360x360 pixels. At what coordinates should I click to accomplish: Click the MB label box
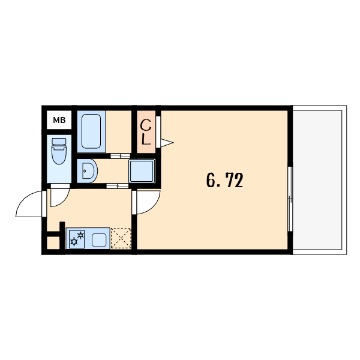coord(59,120)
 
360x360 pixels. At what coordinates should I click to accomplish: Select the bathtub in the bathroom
coord(91,131)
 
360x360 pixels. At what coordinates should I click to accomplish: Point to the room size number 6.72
coord(224,180)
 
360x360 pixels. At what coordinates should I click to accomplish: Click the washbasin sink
coord(88,171)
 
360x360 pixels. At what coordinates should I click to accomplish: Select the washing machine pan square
coord(142,171)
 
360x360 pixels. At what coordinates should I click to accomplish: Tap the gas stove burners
coord(77,239)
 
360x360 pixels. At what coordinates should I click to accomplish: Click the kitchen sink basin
coord(99,240)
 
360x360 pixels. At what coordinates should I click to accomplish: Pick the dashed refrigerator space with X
coord(121,238)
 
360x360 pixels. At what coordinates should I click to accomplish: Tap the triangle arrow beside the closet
coord(167,143)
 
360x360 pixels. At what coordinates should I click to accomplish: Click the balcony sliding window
coord(290,199)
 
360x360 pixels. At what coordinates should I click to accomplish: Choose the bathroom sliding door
coord(121,156)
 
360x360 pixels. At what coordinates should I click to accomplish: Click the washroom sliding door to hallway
coord(118,186)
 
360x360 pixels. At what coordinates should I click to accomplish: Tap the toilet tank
coord(59,142)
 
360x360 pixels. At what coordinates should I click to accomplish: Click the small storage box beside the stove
coord(53,243)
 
